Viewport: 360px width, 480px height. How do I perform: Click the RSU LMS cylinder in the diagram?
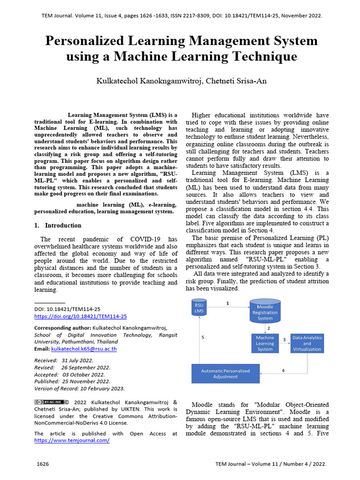[x=199, y=308]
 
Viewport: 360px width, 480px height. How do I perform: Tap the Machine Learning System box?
[x=265, y=343]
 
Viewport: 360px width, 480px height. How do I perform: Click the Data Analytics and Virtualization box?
[x=307, y=343]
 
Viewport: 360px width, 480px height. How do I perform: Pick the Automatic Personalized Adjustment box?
[x=225, y=374]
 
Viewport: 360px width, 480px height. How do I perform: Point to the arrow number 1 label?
[x=228, y=303]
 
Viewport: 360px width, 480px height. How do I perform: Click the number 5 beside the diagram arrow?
[x=203, y=337]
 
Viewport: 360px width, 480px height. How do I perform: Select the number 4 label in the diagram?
[x=283, y=371]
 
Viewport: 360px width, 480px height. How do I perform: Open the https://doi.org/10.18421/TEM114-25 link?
[x=81, y=316]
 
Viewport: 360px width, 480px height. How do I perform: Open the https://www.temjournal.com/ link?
[x=72, y=441]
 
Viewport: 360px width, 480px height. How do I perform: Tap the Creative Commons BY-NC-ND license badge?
[x=49, y=402]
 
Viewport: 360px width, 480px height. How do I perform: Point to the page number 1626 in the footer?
[x=43, y=464]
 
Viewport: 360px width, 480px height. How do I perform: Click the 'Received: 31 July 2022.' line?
[x=64, y=360]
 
